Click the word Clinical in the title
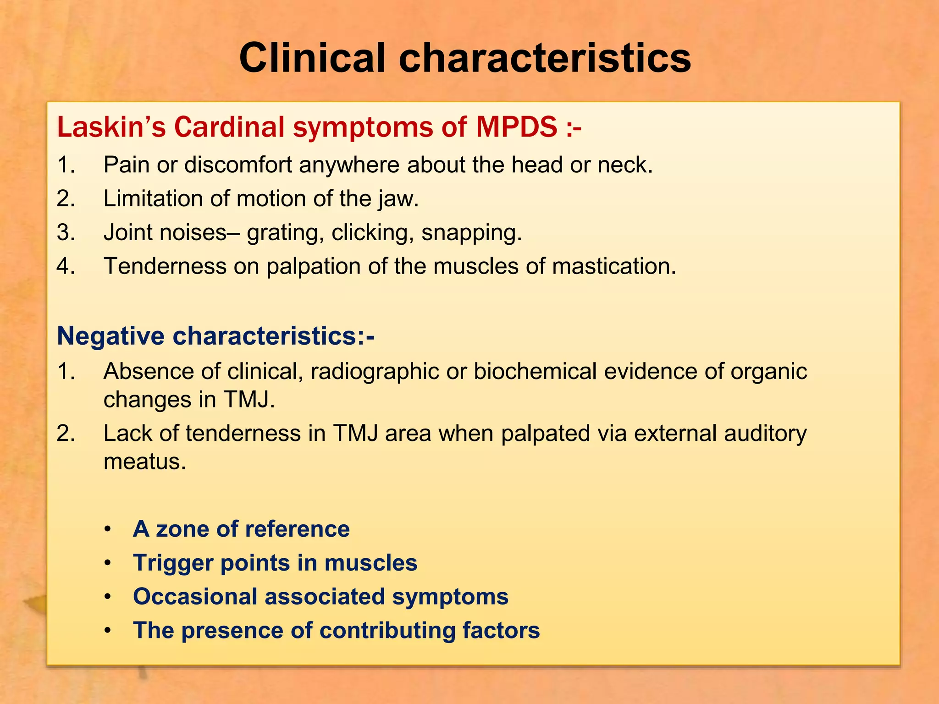312,58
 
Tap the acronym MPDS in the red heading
516,127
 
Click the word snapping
471,233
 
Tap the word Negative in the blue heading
110,336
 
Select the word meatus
145,461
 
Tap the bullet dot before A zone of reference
107,529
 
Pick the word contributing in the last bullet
387,631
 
